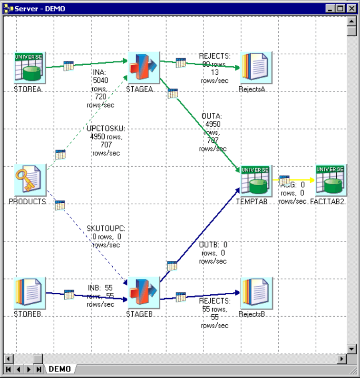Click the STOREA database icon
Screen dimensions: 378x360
[29, 68]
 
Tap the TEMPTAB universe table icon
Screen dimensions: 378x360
[254, 180]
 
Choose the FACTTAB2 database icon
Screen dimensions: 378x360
[331, 180]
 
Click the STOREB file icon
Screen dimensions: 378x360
[29, 293]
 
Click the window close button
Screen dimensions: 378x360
[351, 9]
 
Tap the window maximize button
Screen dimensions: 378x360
[341, 9]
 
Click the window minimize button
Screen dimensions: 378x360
[331, 9]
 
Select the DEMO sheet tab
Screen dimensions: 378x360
[60, 369]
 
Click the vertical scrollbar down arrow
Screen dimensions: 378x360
[351, 349]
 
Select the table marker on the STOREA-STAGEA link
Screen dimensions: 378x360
[68, 66]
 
